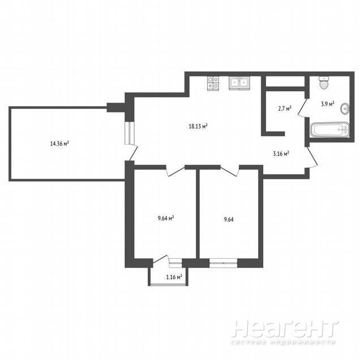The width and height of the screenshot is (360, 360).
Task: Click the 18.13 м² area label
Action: pyautogui.click(x=198, y=126)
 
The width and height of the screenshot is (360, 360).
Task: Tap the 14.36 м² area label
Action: pyautogui.click(x=59, y=144)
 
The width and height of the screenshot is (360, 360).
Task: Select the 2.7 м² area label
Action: pyautogui.click(x=285, y=108)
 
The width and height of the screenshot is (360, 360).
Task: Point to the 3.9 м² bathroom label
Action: pyautogui.click(x=327, y=104)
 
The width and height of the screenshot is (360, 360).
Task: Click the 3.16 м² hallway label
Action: pyautogui.click(x=281, y=153)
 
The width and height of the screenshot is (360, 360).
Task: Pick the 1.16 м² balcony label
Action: pyautogui.click(x=174, y=277)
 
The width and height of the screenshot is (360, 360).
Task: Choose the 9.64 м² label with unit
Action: pyautogui.click(x=165, y=218)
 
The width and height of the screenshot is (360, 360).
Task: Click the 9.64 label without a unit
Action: pyautogui.click(x=229, y=220)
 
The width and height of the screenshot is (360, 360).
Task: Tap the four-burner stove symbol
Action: pyautogui.click(x=213, y=83)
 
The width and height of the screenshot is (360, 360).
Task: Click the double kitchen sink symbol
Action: pyautogui.click(x=239, y=83)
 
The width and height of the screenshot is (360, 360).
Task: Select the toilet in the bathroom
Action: pyautogui.click(x=324, y=83)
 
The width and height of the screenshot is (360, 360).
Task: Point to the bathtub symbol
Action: pyautogui.click(x=330, y=130)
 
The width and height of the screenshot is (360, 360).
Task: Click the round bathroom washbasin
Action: pyautogui.click(x=345, y=109)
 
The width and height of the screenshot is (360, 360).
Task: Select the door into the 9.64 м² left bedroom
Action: pyautogui.click(x=175, y=171)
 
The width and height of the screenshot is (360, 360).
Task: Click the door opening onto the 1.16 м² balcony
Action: pyautogui.click(x=161, y=259)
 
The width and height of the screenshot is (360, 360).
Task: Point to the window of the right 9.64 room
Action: pyautogui.click(x=223, y=263)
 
